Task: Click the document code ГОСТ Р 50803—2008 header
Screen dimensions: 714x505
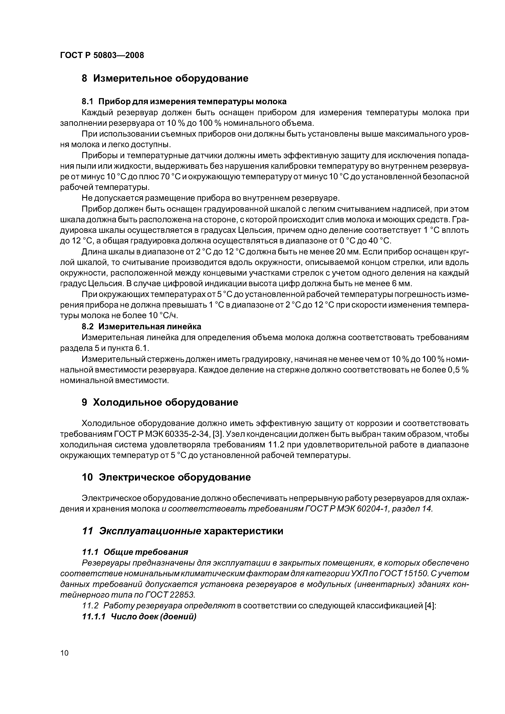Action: (x=102, y=56)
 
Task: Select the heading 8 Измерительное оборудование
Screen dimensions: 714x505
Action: (x=165, y=78)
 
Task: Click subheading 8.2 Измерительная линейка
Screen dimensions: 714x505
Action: (x=141, y=326)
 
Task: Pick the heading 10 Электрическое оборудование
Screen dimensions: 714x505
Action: (x=166, y=477)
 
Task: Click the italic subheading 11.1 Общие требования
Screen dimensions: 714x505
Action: (x=135, y=552)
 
